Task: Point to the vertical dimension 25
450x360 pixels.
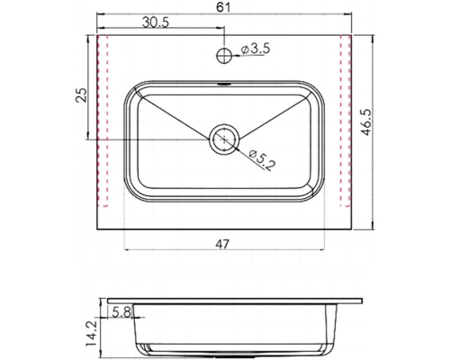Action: coord(81,97)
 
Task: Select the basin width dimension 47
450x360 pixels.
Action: coord(223,242)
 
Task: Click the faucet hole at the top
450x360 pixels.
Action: coord(223,56)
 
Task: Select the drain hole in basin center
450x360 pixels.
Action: coord(223,139)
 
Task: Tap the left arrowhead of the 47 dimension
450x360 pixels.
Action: coord(125,249)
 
